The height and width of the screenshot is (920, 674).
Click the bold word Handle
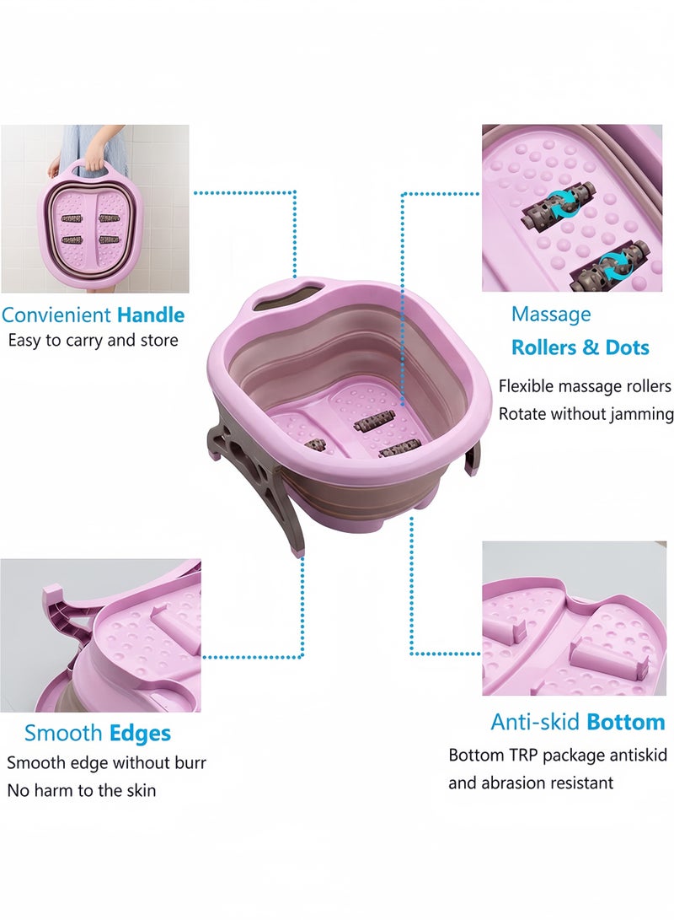tap(151, 315)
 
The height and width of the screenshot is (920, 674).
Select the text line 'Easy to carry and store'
tap(94, 341)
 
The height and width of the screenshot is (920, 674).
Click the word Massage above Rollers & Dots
tap(551, 315)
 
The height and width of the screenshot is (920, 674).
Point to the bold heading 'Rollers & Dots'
tap(580, 347)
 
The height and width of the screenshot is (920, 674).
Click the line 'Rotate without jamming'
tap(586, 414)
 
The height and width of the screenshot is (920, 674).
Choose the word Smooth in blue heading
tap(63, 733)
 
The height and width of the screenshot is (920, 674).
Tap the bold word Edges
tap(140, 734)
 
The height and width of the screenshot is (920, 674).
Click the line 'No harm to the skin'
tap(82, 790)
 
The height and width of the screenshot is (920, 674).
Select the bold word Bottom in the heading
tap(626, 723)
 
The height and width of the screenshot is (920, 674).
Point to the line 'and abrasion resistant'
tap(531, 783)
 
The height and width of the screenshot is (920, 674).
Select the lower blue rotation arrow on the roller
tap(613, 267)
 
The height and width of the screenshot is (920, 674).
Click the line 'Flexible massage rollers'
tap(585, 386)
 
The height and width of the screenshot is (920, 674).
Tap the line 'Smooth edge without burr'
tap(107, 763)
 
